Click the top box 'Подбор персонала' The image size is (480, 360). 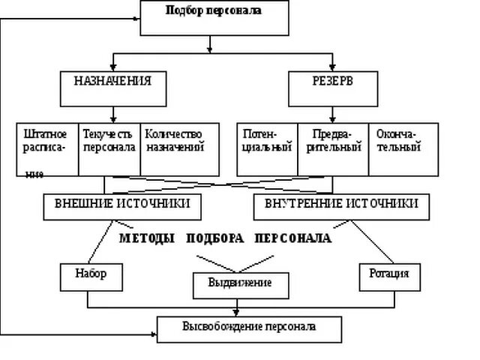click(213, 17)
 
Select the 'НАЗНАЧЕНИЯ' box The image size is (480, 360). click(112, 88)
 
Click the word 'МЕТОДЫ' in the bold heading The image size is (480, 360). click(147, 237)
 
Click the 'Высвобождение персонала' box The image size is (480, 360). click(249, 328)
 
